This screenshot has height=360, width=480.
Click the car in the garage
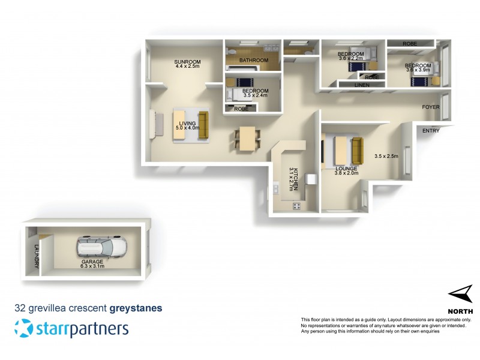pos(103,247)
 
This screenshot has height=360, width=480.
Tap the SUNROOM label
pos(187,62)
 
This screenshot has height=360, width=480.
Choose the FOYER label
pos(431,107)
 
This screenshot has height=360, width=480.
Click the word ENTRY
pos(431,131)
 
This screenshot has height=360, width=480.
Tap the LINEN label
pos(362,86)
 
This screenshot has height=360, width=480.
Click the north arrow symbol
pos(460,295)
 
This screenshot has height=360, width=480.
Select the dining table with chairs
pos(247,139)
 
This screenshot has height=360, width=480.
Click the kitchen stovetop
pos(296,206)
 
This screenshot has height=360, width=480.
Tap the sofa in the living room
pos(202,124)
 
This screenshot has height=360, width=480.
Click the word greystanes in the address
pos(136,309)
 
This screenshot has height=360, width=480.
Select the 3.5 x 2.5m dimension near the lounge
pos(386,157)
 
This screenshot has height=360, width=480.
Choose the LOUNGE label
pos(346,169)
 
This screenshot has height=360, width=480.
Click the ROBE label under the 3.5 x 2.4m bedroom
pos(241,109)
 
